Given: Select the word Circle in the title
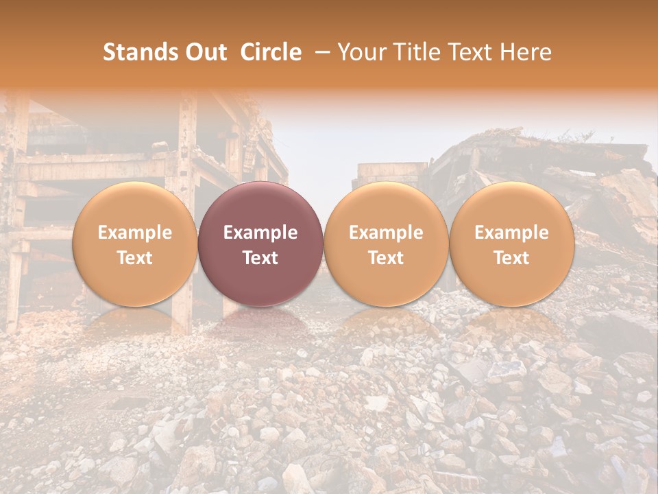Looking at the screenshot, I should pyautogui.click(x=271, y=52).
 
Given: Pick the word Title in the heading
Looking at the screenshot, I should pyautogui.click(x=420, y=52).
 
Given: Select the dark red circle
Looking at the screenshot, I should pyautogui.click(x=260, y=244).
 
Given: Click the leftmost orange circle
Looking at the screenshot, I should pyautogui.click(x=135, y=244).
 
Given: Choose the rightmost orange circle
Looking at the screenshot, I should pyautogui.click(x=511, y=244).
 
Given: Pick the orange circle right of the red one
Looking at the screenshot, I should pyautogui.click(x=386, y=244).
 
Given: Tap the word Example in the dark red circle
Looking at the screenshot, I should pyautogui.click(x=260, y=233).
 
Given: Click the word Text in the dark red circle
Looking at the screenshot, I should pyautogui.click(x=260, y=258).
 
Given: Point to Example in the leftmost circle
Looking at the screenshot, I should pyautogui.click(x=135, y=233).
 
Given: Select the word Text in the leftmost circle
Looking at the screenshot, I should pyautogui.click(x=135, y=258).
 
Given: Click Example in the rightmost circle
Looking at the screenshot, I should pyautogui.click(x=511, y=233).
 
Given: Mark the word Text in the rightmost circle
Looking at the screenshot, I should pyautogui.click(x=511, y=258).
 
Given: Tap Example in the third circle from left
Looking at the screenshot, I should pyautogui.click(x=386, y=233).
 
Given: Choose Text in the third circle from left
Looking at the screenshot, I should pyautogui.click(x=386, y=258).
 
